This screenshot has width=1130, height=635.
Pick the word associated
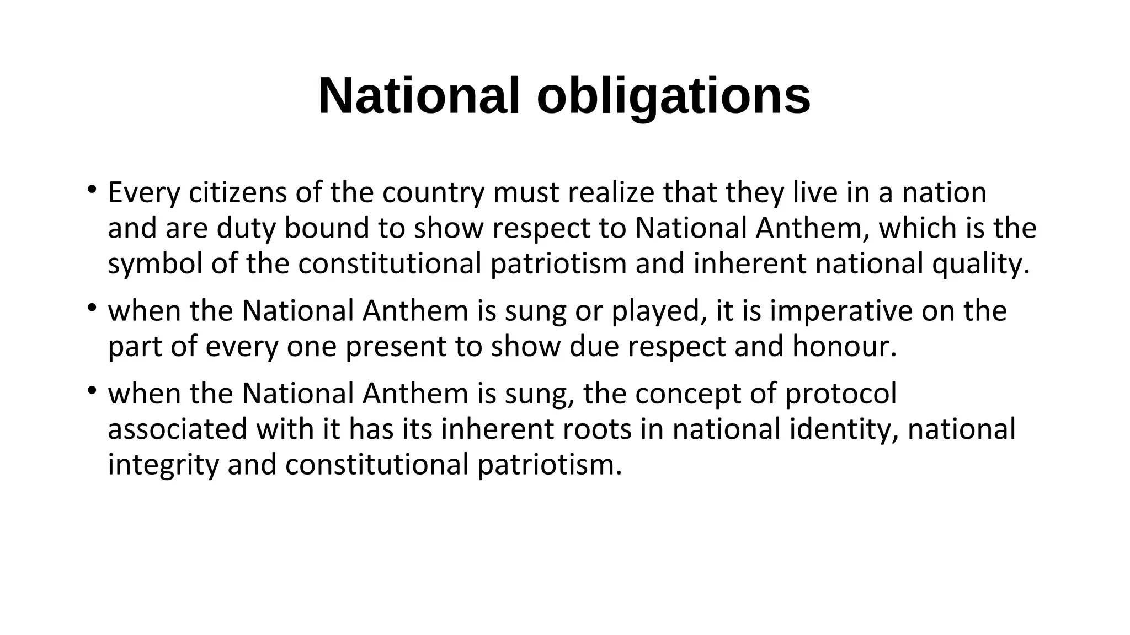click(178, 429)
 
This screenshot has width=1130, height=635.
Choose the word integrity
click(163, 465)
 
